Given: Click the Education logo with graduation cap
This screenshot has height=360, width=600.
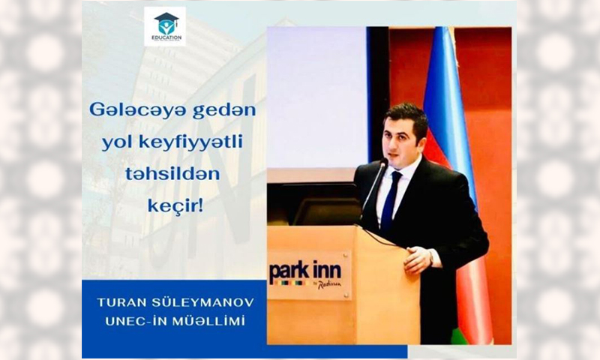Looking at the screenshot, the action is [165, 26].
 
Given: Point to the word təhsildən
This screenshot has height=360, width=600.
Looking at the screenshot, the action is [172, 175].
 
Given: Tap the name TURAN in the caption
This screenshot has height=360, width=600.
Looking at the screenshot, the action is [117, 302].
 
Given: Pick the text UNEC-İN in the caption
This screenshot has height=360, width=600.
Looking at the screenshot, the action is [136, 321].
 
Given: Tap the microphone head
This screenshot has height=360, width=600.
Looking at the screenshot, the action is [383, 163].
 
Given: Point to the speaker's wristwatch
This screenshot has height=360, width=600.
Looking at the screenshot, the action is [430, 257].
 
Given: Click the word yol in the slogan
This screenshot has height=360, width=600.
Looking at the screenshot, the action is [114, 143].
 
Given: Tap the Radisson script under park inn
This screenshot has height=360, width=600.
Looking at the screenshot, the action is [328, 285].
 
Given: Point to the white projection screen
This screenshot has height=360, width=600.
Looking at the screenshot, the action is [316, 97].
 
